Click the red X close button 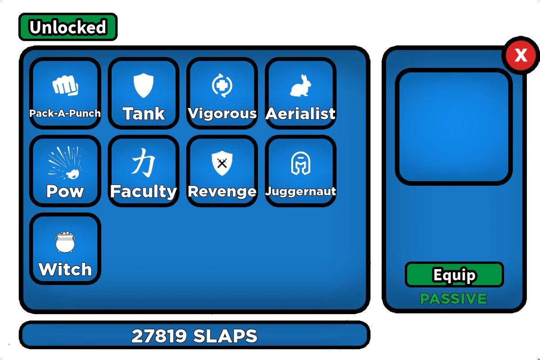pyautogui.click(x=521, y=56)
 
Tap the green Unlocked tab pyautogui.click(x=68, y=27)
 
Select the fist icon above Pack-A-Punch pyautogui.click(x=65, y=85)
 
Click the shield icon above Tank pyautogui.click(x=144, y=85)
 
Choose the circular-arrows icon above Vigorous pyautogui.click(x=222, y=85)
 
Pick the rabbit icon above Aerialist pyautogui.click(x=300, y=85)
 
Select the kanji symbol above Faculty pyautogui.click(x=144, y=162)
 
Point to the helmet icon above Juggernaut pyautogui.click(x=300, y=163)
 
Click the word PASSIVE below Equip pyautogui.click(x=453, y=299)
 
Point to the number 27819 pyautogui.click(x=159, y=336)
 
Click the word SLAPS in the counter pyautogui.click(x=225, y=336)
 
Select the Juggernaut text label pyautogui.click(x=300, y=191)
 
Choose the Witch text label pyautogui.click(x=65, y=270)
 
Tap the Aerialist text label pyautogui.click(x=300, y=114)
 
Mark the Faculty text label pyautogui.click(x=144, y=192)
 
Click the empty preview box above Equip pyautogui.click(x=454, y=127)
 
